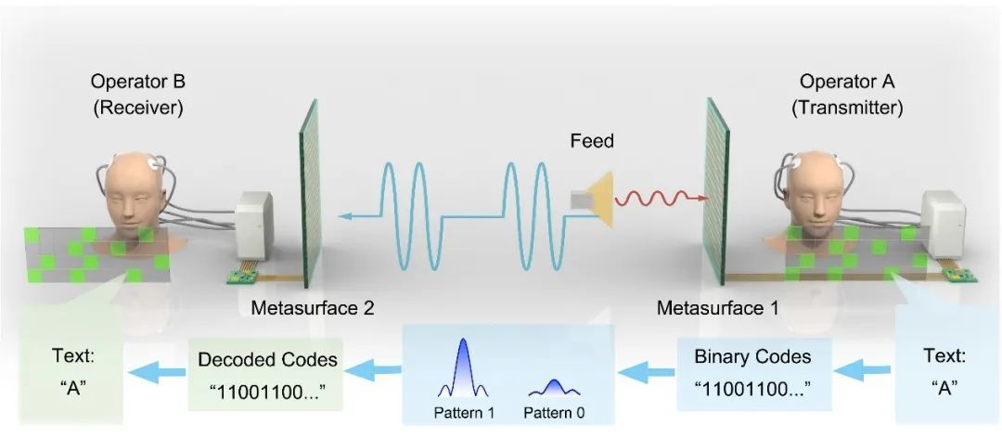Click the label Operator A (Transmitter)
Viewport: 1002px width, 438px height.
[846, 95]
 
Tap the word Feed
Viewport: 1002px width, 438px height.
[592, 141]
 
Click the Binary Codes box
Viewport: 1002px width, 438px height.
[752, 368]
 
